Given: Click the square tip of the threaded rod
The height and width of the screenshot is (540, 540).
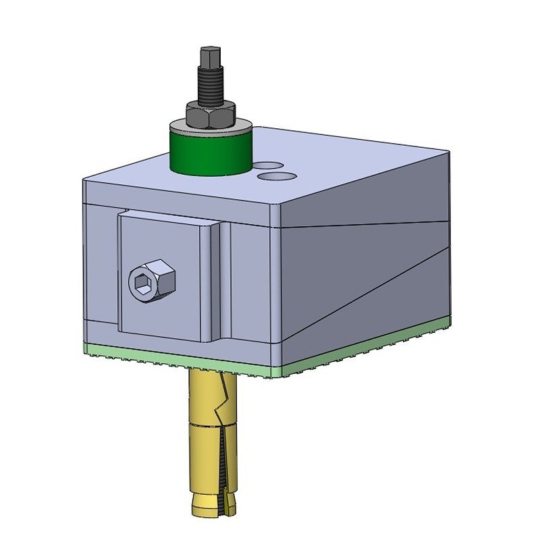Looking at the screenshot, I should [x=209, y=55].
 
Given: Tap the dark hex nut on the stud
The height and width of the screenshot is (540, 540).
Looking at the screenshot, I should [x=211, y=114].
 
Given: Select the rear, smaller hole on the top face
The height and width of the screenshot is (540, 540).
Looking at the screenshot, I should [x=269, y=164].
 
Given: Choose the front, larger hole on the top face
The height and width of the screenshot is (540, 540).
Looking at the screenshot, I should [x=277, y=175].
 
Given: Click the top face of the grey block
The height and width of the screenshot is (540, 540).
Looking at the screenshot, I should [x=337, y=169].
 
